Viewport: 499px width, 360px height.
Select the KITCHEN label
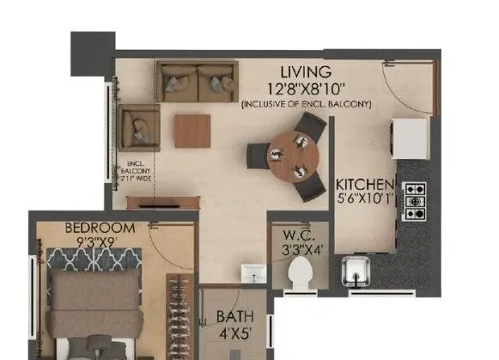click(365, 185)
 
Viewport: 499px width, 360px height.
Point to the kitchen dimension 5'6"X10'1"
click(365, 200)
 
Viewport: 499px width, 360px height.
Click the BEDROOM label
click(100, 228)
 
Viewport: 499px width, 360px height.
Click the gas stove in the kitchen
click(415, 200)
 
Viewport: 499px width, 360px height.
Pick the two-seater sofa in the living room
click(197, 82)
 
